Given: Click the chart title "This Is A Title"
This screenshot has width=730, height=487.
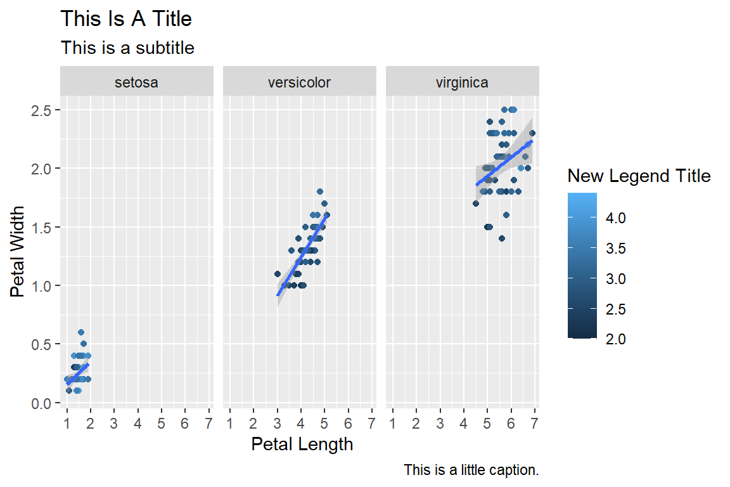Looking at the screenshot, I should [x=125, y=19].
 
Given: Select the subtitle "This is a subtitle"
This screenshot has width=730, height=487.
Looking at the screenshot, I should [x=127, y=48].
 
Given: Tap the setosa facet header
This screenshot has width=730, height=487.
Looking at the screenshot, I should [x=136, y=82].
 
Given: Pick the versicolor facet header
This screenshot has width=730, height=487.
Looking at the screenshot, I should [x=299, y=82].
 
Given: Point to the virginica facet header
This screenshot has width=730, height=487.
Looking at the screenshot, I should [x=462, y=82].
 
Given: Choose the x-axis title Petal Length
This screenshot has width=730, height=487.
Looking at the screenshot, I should [x=302, y=444].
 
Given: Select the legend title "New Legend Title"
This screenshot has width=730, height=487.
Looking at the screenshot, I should [x=639, y=176].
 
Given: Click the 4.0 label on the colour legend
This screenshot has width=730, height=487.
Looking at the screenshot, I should [x=615, y=218].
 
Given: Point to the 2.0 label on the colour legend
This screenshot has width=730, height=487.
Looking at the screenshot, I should [x=615, y=339].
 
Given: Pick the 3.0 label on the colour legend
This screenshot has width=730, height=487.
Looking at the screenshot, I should [x=615, y=279].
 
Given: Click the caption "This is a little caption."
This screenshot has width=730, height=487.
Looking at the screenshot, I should [x=471, y=471].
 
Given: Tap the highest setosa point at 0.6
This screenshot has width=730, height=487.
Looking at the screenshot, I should [x=81, y=332].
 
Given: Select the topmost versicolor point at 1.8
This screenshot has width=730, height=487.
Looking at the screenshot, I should [x=320, y=192].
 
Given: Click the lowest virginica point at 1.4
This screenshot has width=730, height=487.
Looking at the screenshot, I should [x=501, y=238].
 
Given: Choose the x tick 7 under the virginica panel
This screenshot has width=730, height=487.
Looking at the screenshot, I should [x=534, y=422].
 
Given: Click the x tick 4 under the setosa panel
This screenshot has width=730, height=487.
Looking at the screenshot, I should [x=138, y=422].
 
